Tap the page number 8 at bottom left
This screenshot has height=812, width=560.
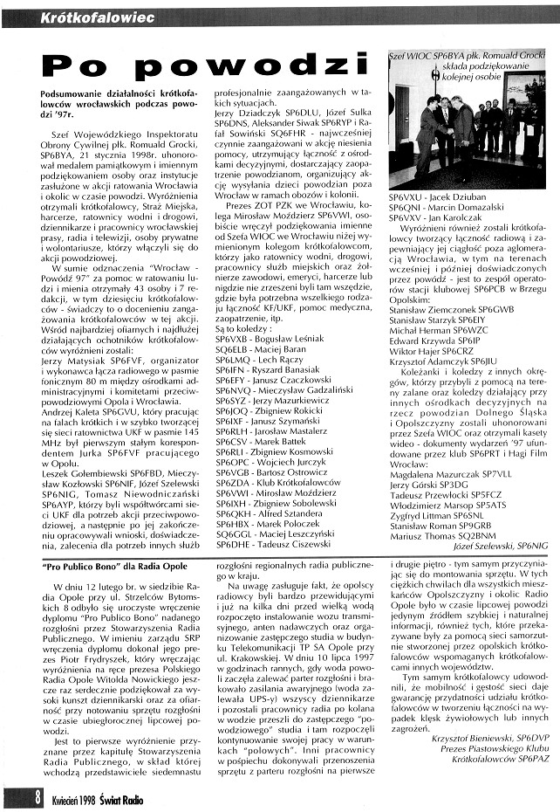[15, 796]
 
